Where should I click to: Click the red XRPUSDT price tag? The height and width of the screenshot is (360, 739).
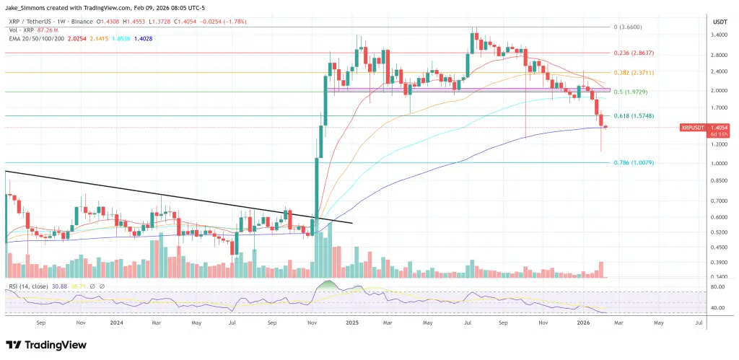(693, 128)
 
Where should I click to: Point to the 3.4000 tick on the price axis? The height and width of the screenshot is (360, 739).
(720, 35)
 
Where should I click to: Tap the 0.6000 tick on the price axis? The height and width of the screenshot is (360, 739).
(720, 217)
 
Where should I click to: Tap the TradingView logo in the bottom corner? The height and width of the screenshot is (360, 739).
(43, 345)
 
